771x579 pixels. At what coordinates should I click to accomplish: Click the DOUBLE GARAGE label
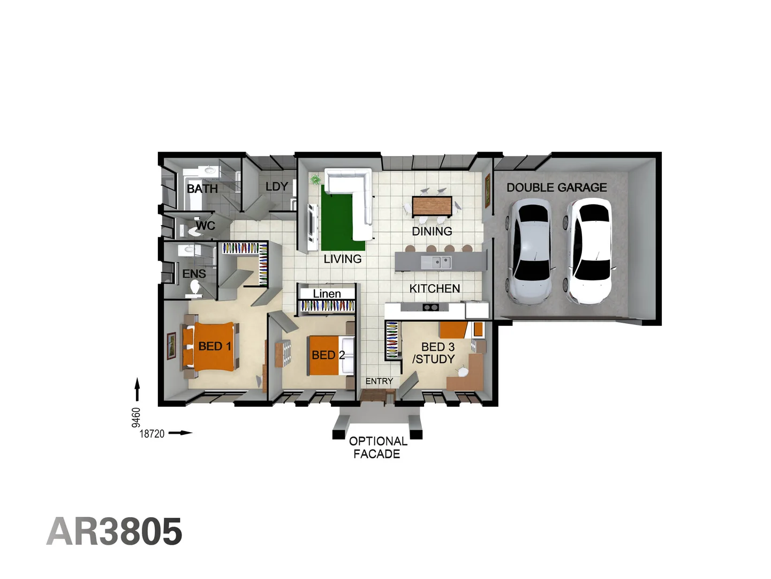(x=557, y=188)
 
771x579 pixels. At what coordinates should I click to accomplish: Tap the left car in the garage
(x=530, y=252)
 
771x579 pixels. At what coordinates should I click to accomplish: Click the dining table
(x=432, y=206)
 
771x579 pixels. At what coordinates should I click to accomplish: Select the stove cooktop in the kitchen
(x=431, y=307)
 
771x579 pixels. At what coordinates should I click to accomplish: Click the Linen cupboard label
(x=327, y=294)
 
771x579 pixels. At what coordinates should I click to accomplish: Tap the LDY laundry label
(x=277, y=187)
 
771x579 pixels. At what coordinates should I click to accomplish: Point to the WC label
(x=205, y=226)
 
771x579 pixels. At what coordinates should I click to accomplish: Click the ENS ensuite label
(x=194, y=274)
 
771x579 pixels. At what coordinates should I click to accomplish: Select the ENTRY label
(x=379, y=381)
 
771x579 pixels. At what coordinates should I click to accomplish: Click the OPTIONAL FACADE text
(x=377, y=448)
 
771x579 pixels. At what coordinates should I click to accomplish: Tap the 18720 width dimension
(x=152, y=434)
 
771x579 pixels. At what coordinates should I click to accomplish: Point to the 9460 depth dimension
(x=136, y=418)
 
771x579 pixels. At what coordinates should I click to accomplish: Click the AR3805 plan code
(x=115, y=532)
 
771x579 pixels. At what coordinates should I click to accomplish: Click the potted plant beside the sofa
(x=315, y=179)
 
